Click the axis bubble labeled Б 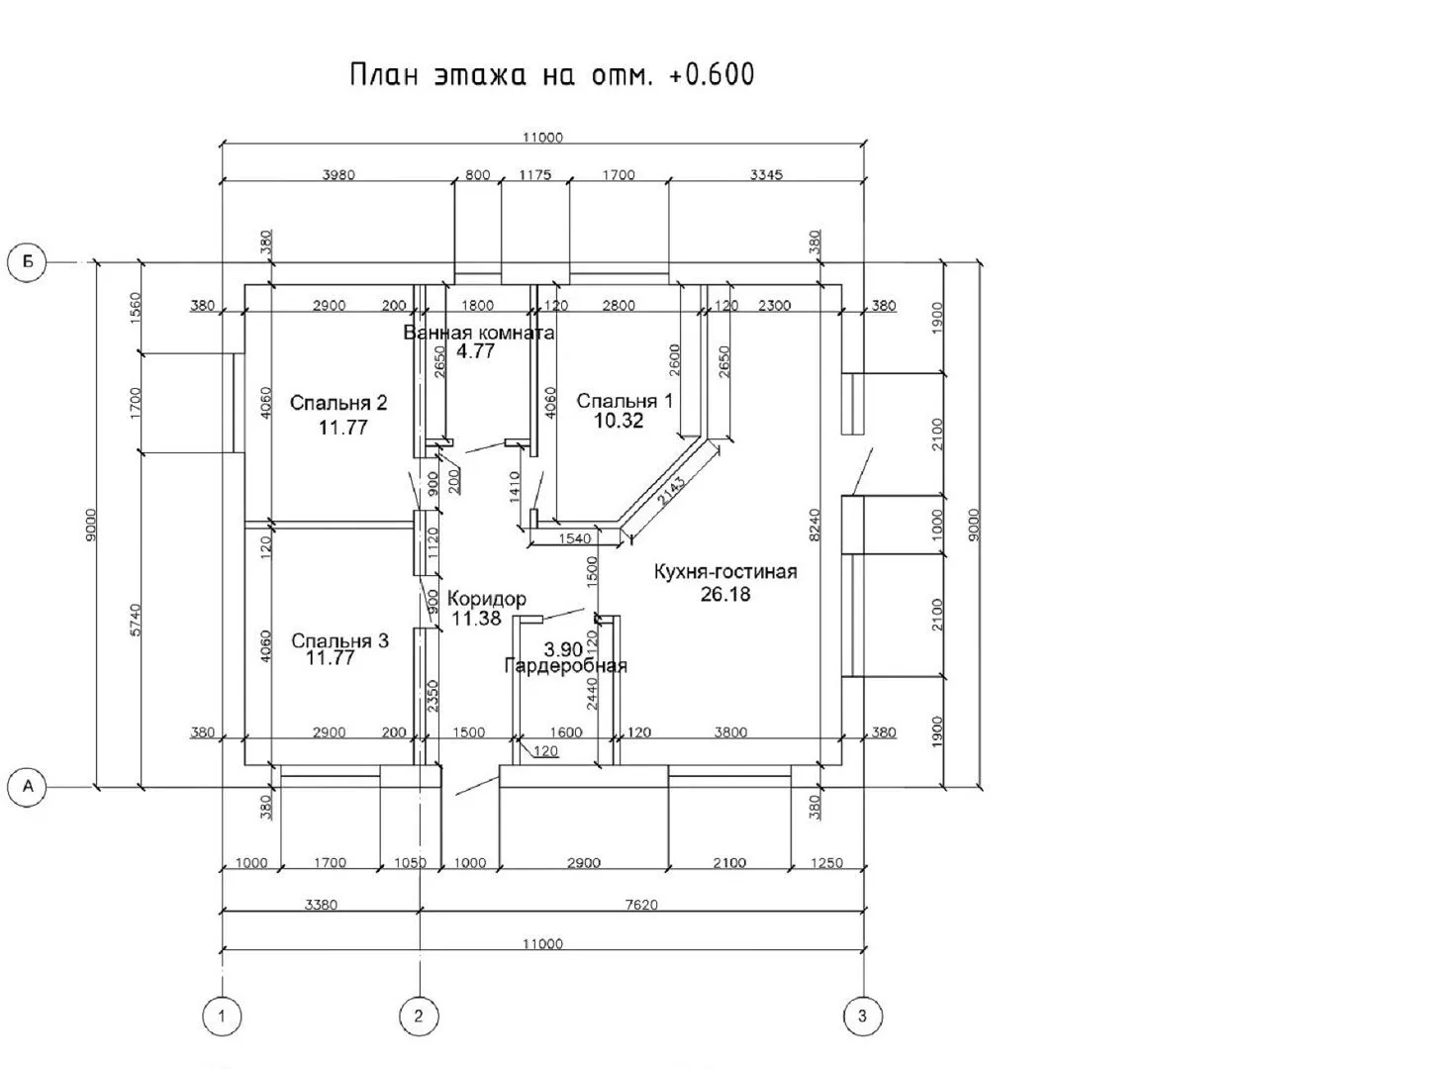tap(27, 262)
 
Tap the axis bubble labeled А tap(27, 787)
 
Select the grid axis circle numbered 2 tap(419, 1016)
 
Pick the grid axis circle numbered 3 tap(863, 1016)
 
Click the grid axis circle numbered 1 tap(222, 1016)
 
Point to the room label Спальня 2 tap(338, 404)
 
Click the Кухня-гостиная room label tap(725, 572)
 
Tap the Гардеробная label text tap(566, 665)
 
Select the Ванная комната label tap(479, 334)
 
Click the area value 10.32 tap(619, 421)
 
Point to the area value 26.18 tap(725, 594)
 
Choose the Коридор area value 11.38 tap(476, 618)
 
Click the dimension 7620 tap(641, 905)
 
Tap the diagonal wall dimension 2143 tap(671, 491)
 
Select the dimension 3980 tap(338, 175)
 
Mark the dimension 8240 tap(816, 525)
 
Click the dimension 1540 tap(575, 538)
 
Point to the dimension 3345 tap(766, 175)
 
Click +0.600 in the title tap(711, 75)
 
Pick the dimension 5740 tap(136, 620)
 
